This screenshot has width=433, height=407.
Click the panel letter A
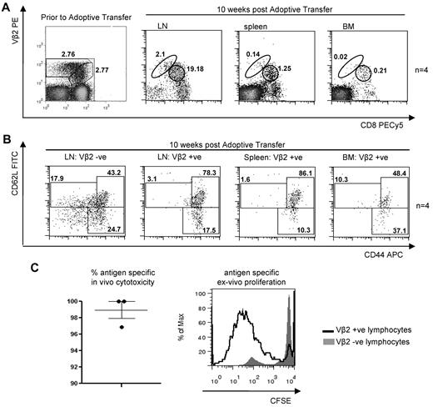coord(7,8)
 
